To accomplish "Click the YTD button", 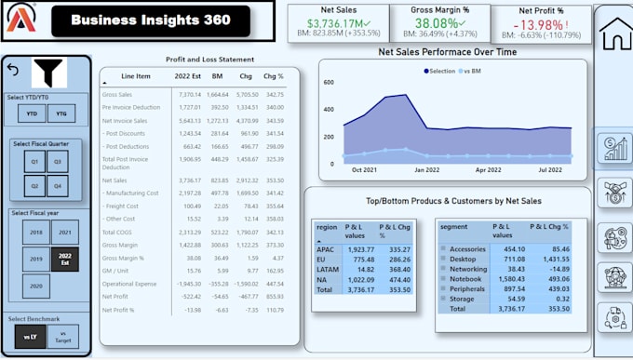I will point(33,113).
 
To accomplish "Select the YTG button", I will point(61,113).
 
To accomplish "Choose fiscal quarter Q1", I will point(35,160).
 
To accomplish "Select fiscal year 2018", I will point(35,231).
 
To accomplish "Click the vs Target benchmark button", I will point(62,335).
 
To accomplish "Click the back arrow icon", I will point(13,69).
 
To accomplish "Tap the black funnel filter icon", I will point(47,72).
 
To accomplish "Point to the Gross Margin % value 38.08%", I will point(436,23).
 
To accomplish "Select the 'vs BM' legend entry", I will point(477,70).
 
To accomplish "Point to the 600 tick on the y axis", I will point(329,82).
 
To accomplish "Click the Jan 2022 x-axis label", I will point(426,170).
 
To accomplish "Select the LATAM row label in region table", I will point(326,268).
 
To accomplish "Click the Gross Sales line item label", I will point(116,94).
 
